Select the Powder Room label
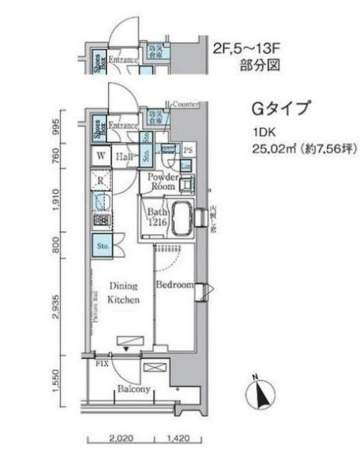(x=164, y=181)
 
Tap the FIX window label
(x=102, y=361)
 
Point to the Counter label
(x=187, y=105)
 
